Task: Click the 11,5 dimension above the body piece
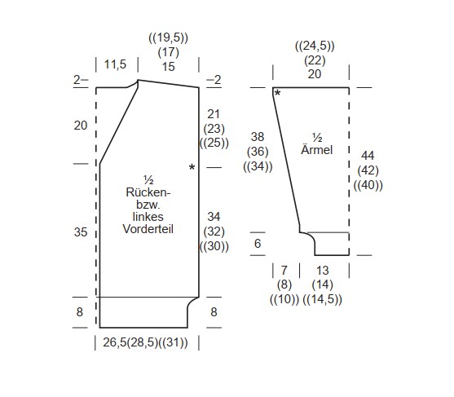(115, 64)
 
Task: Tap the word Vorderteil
(148, 229)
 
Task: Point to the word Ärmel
(317, 149)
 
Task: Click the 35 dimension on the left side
(81, 232)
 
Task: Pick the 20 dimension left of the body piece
(81, 126)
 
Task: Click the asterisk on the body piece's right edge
(192, 167)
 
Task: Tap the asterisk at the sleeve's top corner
(277, 93)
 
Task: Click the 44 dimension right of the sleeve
(368, 156)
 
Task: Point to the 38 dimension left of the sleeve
(258, 137)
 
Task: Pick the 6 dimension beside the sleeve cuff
(258, 244)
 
